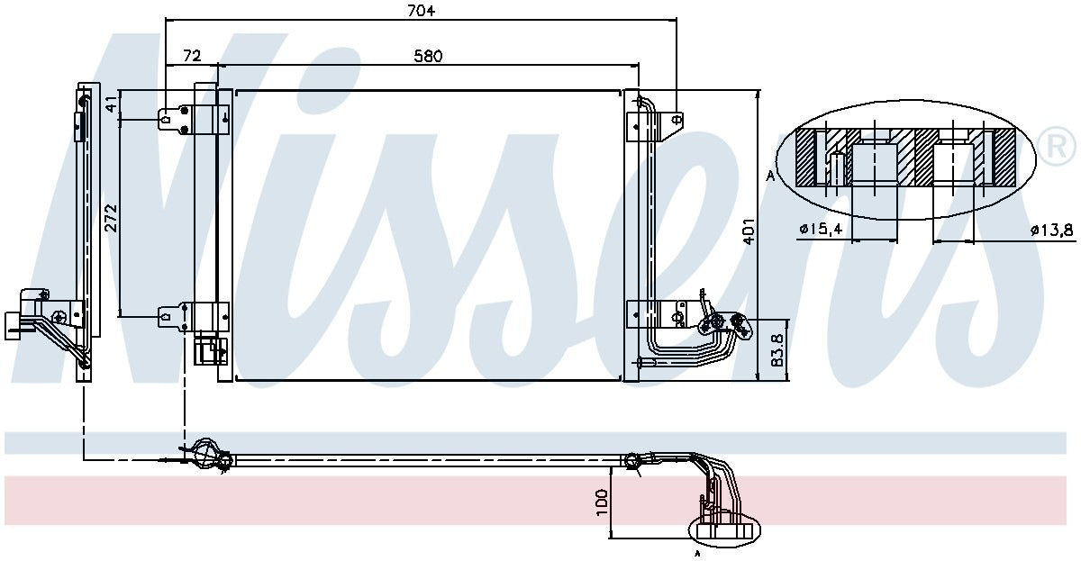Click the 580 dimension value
tap(428, 56)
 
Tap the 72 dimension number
tap(191, 56)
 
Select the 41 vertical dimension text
tap(111, 104)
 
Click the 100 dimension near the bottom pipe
tap(602, 502)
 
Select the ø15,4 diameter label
tap(820, 231)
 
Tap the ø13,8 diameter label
tap(1052, 231)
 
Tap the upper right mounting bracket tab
tap(671, 118)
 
